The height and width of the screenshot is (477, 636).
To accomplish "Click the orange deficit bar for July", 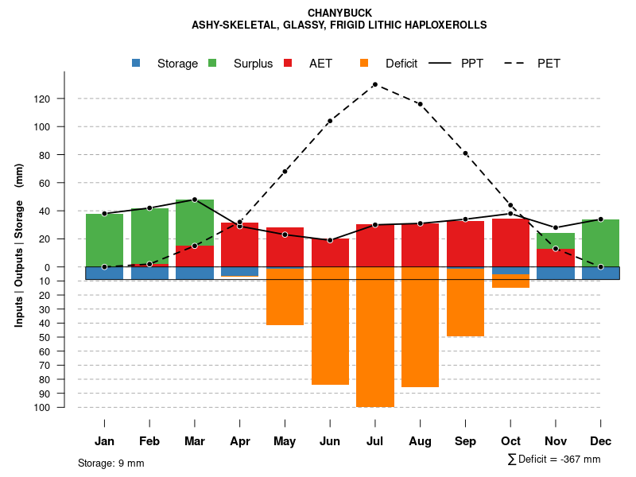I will pos(375,337).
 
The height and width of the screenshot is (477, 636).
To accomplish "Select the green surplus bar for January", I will pos(104,240).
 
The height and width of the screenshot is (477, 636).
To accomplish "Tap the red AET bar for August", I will pos(420,245).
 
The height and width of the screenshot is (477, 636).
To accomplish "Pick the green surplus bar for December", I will pos(600,242).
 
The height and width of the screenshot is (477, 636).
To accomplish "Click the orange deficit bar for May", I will pos(285,297).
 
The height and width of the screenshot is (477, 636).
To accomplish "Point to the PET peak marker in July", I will pos(374,84).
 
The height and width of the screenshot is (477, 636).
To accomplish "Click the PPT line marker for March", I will pos(195,200).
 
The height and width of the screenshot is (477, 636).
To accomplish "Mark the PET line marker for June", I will pos(330,121).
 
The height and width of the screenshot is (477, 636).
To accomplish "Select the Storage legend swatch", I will pos(137,64).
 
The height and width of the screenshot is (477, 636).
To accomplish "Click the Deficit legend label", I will pos(401,64).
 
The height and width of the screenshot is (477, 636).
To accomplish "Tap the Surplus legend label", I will pos(253,64).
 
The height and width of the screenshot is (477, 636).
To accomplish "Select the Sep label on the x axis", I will pos(465,441).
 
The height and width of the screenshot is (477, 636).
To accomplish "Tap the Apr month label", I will pos(240,441).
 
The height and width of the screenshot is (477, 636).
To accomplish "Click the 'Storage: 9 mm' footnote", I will pos(111,463).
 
